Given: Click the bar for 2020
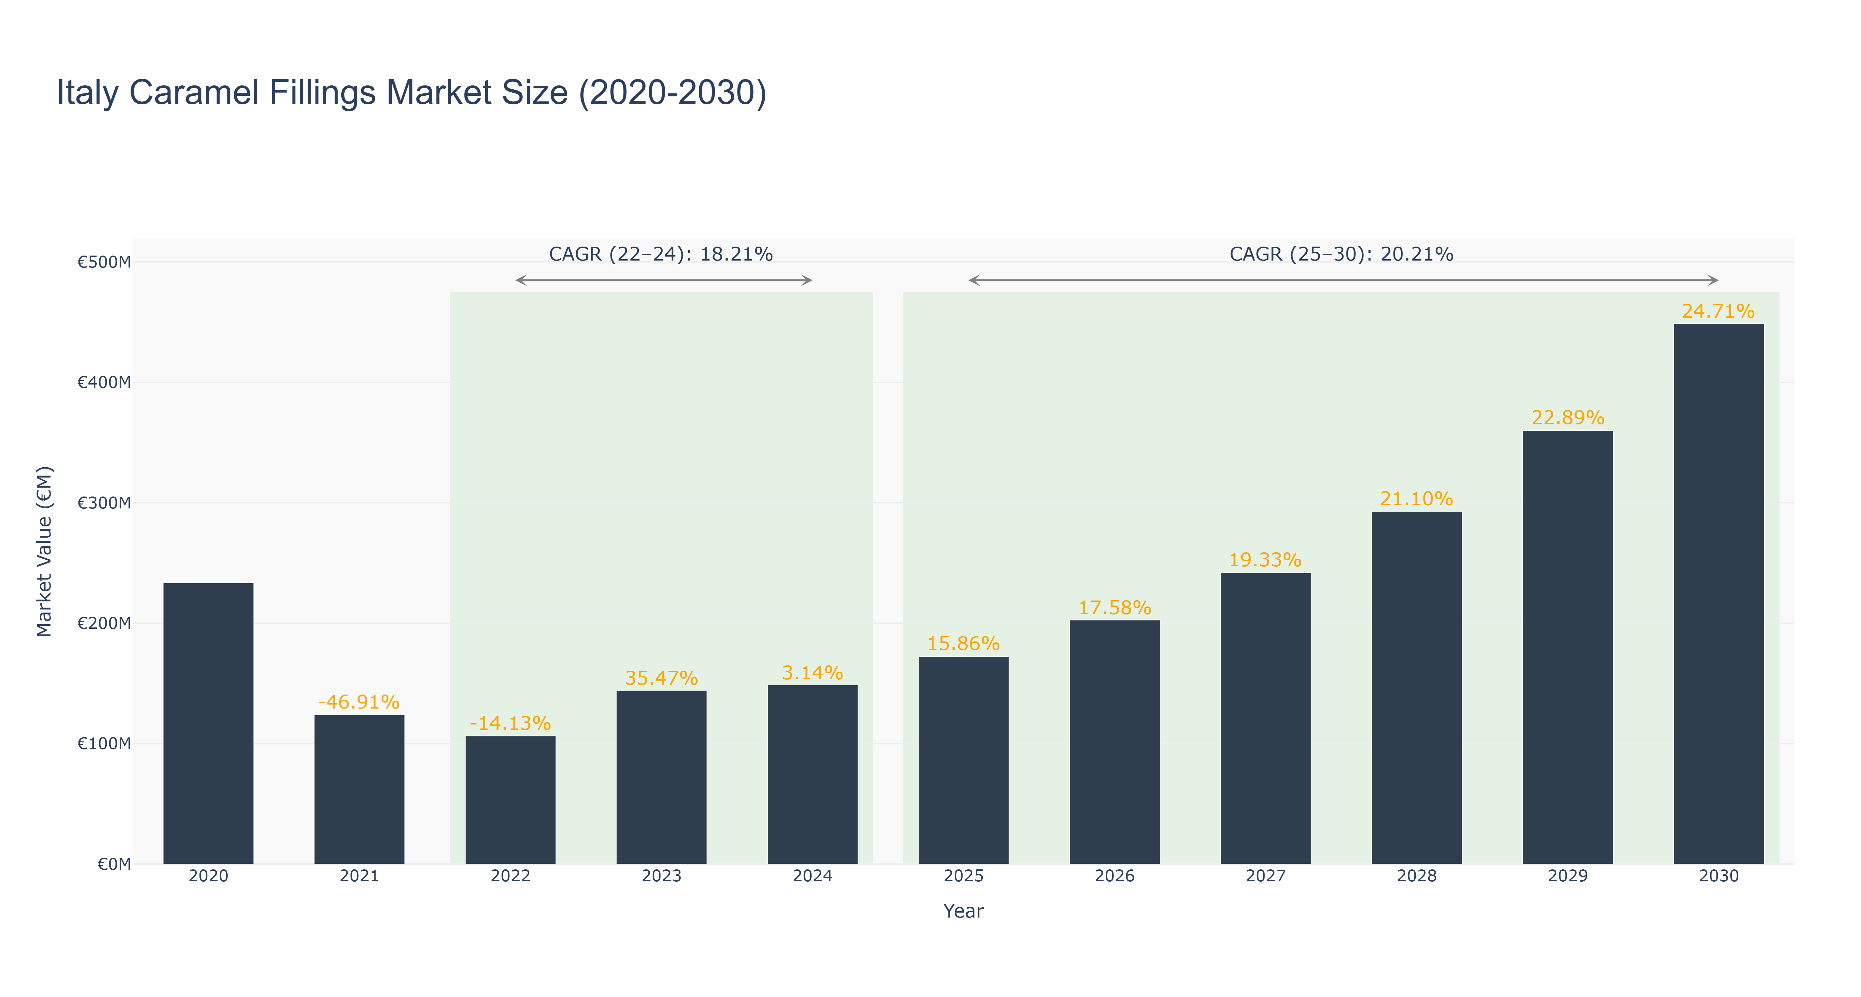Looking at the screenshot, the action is (208, 723).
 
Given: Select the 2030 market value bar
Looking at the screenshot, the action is (1719, 594).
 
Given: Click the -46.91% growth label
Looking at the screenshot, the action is (359, 702).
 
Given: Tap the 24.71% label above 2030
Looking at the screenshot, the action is (1719, 311).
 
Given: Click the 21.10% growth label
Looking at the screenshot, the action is (1417, 498).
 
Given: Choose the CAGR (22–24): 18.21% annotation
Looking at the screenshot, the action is (661, 254).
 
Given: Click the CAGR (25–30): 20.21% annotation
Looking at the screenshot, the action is (1342, 254).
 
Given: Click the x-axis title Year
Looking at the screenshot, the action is (964, 911).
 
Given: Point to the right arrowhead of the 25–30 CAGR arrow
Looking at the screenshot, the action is (1714, 280).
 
